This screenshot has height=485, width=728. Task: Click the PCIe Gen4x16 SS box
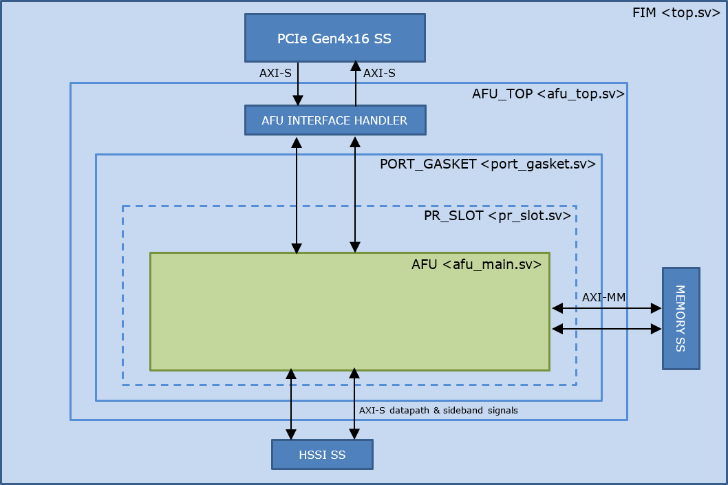tap(334, 38)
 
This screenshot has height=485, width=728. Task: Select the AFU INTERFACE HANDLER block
tap(334, 120)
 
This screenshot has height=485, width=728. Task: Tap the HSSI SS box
tap(322, 455)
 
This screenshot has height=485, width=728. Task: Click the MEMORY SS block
tap(681, 318)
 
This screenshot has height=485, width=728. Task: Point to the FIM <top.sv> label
tap(675, 13)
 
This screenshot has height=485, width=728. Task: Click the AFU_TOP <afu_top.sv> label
tap(548, 94)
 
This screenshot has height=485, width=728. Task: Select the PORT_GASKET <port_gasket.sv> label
tap(487, 165)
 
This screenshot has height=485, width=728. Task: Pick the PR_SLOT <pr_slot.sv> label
tap(497, 216)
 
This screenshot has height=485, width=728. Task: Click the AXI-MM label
tap(603, 297)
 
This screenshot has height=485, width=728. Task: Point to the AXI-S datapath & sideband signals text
tap(438, 410)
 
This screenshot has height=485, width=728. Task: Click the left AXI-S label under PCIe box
tap(275, 72)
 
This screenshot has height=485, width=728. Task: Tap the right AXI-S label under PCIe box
tap(378, 72)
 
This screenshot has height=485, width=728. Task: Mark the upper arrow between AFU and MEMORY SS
tap(606, 309)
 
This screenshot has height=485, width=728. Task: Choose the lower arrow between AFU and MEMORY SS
tap(606, 329)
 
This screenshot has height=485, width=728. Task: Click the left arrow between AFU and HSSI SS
tap(291, 405)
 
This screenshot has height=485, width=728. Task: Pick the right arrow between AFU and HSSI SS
tap(354, 405)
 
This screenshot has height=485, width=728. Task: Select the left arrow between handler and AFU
tap(297, 195)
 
